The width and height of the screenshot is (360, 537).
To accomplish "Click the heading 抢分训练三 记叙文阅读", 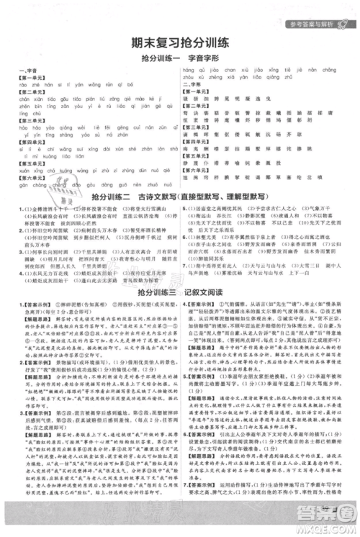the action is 179,292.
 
